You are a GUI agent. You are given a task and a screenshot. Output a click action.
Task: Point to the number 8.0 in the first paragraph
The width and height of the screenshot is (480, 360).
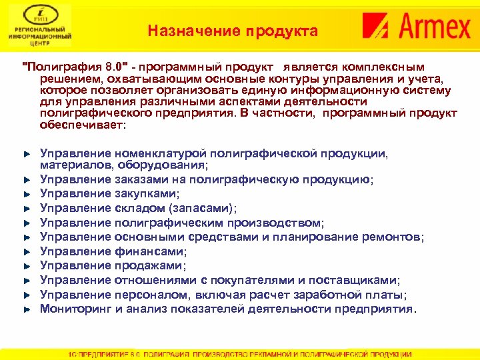(x=116, y=67)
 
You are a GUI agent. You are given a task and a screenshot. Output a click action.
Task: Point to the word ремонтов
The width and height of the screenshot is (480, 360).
(x=397, y=237)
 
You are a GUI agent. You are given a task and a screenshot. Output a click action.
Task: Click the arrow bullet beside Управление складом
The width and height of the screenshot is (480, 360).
(x=27, y=209)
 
